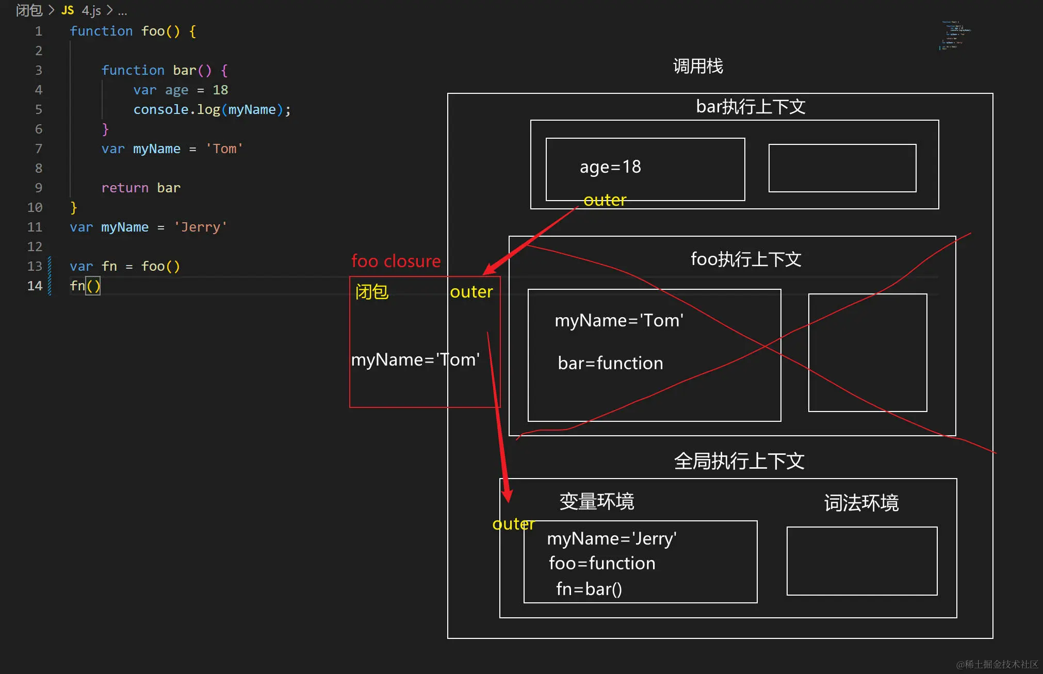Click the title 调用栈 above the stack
(x=698, y=67)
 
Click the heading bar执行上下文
(x=750, y=107)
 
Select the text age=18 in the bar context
(x=610, y=167)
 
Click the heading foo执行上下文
(x=746, y=259)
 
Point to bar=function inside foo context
(x=610, y=364)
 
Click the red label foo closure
(x=396, y=261)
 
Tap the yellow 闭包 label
(x=371, y=292)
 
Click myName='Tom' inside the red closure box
(x=415, y=359)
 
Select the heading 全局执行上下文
(x=739, y=461)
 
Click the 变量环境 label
(x=596, y=501)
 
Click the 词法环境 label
(x=861, y=503)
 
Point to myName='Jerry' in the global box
(x=611, y=539)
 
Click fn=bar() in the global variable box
(x=589, y=589)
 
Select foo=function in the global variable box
(x=602, y=564)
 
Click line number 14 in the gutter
(x=35, y=286)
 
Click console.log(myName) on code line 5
(x=211, y=110)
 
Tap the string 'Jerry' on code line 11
(x=200, y=227)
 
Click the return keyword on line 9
(x=125, y=188)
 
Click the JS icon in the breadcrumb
(x=68, y=10)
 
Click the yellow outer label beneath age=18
(x=605, y=200)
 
